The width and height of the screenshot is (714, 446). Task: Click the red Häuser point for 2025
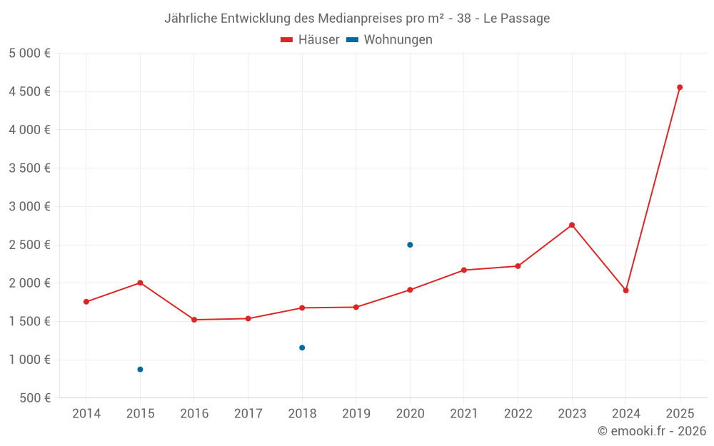[680, 88]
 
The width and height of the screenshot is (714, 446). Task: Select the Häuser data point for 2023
[572, 225]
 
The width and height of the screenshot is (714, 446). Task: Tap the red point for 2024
[625, 290]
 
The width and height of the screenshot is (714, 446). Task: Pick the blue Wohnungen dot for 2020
[410, 245]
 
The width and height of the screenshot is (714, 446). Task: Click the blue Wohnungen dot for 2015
[140, 370]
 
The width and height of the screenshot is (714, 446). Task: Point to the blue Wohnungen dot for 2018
[302, 348]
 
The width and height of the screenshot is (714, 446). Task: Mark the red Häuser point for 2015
[140, 283]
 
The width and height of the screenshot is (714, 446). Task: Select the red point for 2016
[194, 320]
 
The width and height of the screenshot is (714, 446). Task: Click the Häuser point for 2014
[86, 302]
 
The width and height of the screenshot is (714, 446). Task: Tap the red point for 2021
[464, 270]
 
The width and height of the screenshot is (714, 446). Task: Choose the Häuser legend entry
[310, 40]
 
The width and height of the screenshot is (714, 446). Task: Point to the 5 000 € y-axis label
[29, 54]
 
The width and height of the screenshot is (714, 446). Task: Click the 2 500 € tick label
[29, 245]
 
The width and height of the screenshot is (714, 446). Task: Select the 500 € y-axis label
[34, 398]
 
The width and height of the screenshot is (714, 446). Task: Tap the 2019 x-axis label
[356, 414]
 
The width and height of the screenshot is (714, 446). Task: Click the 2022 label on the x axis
[518, 414]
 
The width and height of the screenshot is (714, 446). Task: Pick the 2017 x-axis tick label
[248, 414]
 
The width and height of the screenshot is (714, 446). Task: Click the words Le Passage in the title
[516, 19]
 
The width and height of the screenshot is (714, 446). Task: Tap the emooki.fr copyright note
[652, 431]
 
